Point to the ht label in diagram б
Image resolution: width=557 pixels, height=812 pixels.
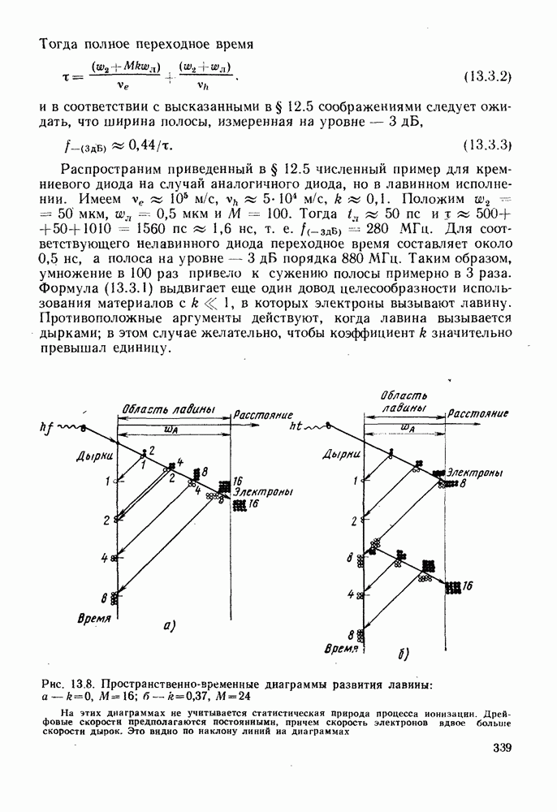[x=297, y=425]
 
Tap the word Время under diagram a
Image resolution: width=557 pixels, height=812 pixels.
[x=95, y=619]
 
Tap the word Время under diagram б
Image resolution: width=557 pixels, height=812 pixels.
[x=341, y=650]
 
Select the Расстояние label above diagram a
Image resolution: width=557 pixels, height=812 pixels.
[x=258, y=414]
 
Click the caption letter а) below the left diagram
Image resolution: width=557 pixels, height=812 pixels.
[x=170, y=624]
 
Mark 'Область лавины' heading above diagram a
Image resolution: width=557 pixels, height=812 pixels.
[x=169, y=408]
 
